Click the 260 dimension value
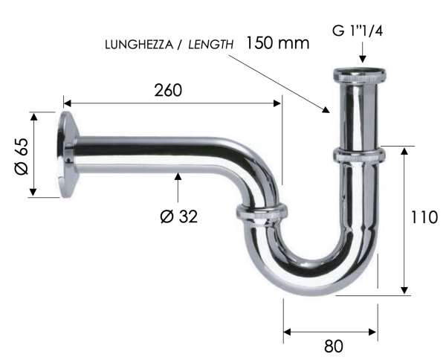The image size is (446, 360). pyautogui.click(x=168, y=90)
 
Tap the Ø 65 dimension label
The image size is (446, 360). pyautogui.click(x=20, y=156)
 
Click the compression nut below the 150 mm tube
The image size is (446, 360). pyautogui.click(x=358, y=155)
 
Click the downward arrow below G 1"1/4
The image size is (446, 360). pyautogui.click(x=362, y=58)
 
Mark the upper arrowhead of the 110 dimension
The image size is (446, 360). pyautogui.click(x=404, y=151)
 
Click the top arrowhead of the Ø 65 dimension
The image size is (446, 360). pyautogui.click(x=33, y=116)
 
